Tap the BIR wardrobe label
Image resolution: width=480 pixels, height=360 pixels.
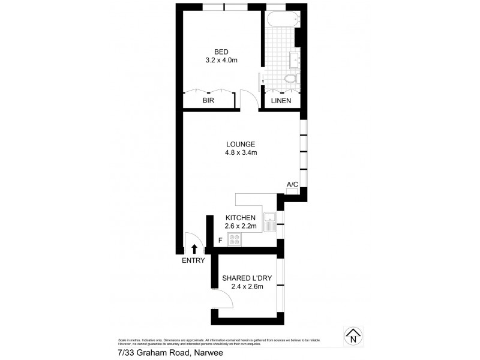(x=208, y=101)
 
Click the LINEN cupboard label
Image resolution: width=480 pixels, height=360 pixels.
(x=281, y=101)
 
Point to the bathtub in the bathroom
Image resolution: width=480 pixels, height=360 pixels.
(x=280, y=19)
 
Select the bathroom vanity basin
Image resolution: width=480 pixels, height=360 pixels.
(x=295, y=60)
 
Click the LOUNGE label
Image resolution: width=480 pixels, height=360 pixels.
(x=241, y=144)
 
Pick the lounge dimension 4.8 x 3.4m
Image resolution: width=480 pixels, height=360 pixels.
(x=241, y=153)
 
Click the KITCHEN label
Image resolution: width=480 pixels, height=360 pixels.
(x=241, y=217)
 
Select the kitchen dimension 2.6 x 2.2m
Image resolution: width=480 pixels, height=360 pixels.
(x=241, y=226)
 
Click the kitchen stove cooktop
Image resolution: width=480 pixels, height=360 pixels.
(x=233, y=239)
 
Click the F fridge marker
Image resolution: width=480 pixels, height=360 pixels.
(x=220, y=241)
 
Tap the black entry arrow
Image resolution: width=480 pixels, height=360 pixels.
(x=194, y=248)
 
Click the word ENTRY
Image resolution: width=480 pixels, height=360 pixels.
(x=193, y=260)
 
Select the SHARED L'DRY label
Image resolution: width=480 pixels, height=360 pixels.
(x=245, y=278)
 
